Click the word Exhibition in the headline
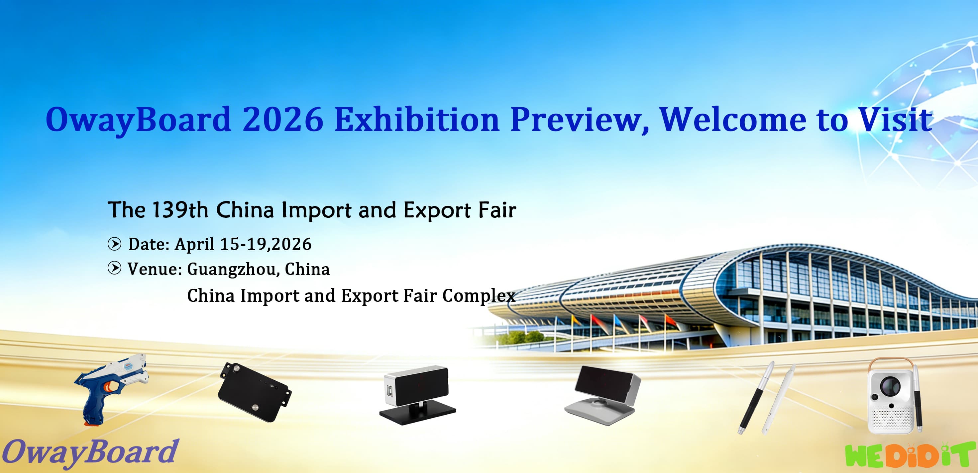pyautogui.click(x=416, y=119)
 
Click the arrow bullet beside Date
pyautogui.click(x=114, y=244)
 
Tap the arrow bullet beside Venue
pyautogui.click(x=114, y=268)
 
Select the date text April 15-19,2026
pyautogui.click(x=243, y=244)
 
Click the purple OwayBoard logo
pyautogui.click(x=90, y=453)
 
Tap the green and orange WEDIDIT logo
pyautogui.click(x=910, y=455)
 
